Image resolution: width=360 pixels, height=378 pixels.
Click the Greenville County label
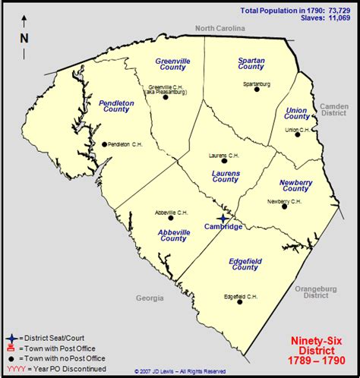172,63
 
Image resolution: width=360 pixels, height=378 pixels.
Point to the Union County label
297,113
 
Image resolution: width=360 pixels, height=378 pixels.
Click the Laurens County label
225,175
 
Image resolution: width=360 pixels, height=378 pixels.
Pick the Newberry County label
296,185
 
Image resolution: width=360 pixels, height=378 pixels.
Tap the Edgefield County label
245,263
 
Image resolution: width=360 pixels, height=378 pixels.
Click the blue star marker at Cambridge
222,218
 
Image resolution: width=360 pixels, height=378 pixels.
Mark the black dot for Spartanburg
257,89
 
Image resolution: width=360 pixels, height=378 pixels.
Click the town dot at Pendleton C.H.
104,144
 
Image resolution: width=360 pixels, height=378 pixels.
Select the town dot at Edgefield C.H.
240,301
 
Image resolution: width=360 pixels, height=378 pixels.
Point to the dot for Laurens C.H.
224,161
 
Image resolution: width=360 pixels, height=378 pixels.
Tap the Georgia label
150,298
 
